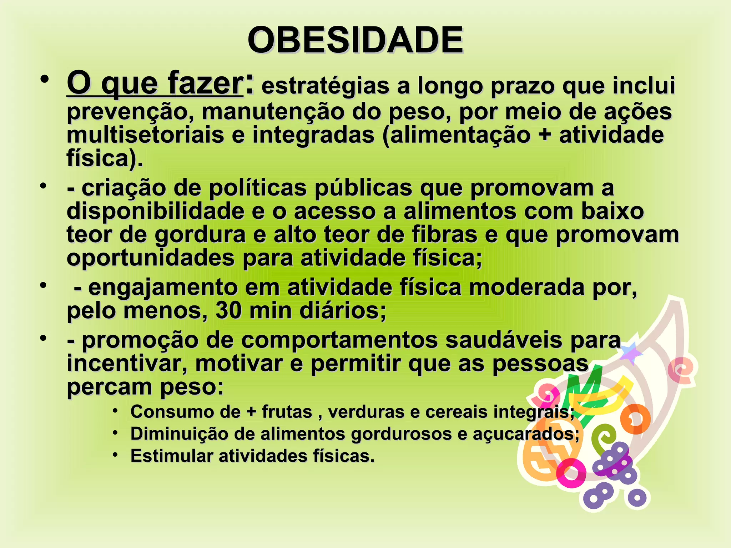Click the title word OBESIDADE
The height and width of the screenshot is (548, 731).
[x=355, y=40]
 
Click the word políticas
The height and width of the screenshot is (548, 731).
[x=257, y=188]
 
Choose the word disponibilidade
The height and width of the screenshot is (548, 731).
[x=155, y=211]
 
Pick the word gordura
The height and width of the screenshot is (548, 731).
[x=200, y=235]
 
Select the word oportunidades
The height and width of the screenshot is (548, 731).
[x=150, y=258]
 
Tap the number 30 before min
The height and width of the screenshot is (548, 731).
[x=228, y=311]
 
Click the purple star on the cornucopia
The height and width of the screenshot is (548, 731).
[x=630, y=352]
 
